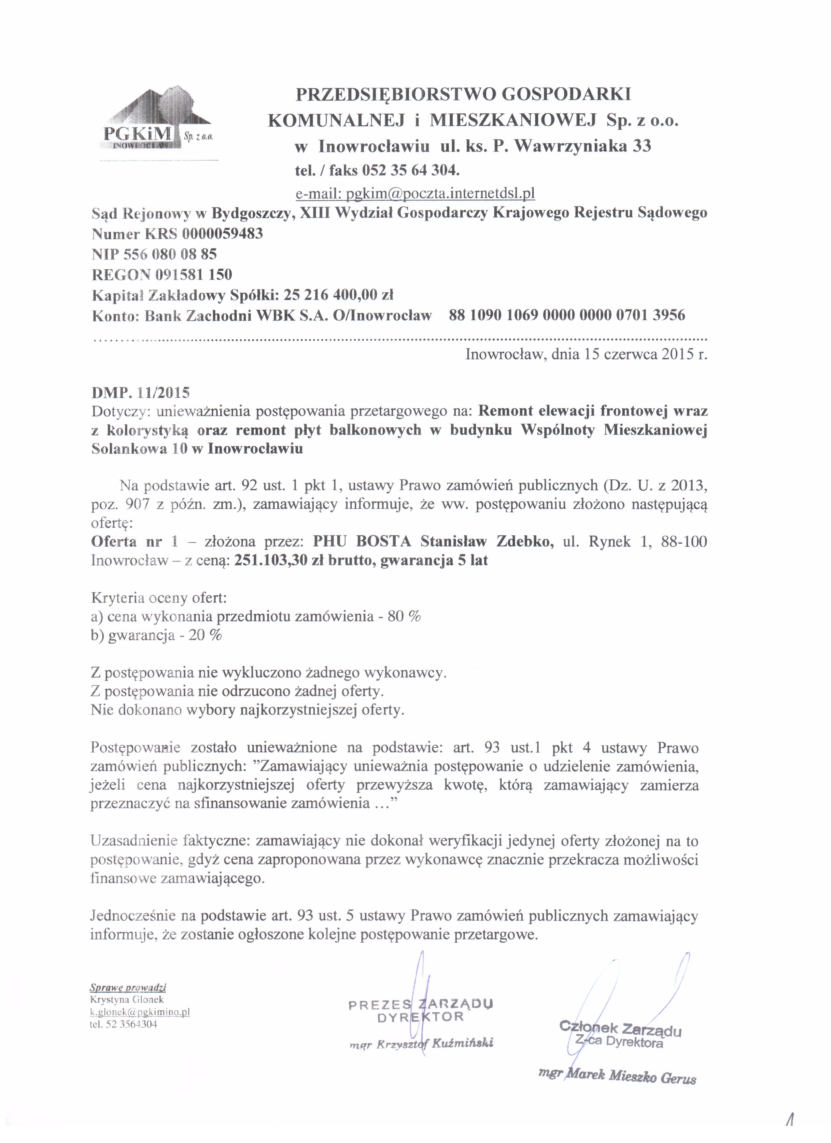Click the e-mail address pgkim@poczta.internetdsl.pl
coord(414,193)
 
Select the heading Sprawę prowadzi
coord(128,987)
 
